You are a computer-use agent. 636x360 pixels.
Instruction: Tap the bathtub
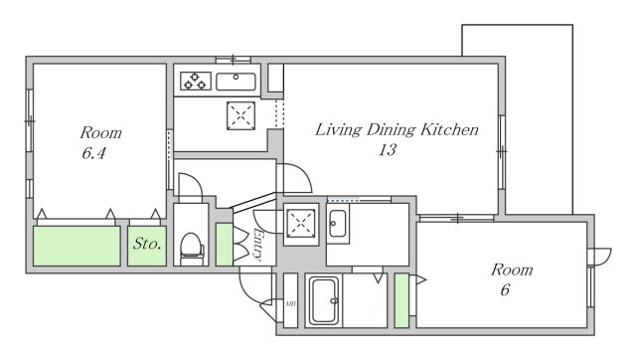pos(324,300)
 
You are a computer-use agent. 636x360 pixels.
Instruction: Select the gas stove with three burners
pos(196,81)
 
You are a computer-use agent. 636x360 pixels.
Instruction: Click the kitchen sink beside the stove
pos(236,82)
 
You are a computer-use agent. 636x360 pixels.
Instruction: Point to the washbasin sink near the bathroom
pos(338,223)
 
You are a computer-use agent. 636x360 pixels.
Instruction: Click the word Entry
pos(257,244)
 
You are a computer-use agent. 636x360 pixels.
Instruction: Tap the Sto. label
pos(147,244)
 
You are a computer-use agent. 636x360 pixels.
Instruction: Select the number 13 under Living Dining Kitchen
pos(388,150)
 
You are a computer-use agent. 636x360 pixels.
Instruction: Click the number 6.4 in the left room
pos(93,153)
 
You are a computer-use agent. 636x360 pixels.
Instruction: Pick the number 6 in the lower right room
pos(505,289)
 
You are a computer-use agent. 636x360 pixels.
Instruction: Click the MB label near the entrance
pos(290,303)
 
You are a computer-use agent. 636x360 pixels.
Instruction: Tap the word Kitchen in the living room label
pos(449,129)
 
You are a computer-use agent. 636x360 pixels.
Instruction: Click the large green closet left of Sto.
pos(77,246)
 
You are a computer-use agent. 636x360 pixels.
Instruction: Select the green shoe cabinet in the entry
pos(225,245)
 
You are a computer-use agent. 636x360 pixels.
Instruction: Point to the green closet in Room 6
pos(401,300)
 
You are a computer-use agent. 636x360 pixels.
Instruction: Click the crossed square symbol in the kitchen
pos(240,115)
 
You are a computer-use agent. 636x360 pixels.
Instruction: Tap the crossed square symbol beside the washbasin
pos(300,223)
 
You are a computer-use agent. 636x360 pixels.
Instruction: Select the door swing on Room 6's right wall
pos(600,257)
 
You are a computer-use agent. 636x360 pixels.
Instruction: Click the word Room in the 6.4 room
pos(101,132)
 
